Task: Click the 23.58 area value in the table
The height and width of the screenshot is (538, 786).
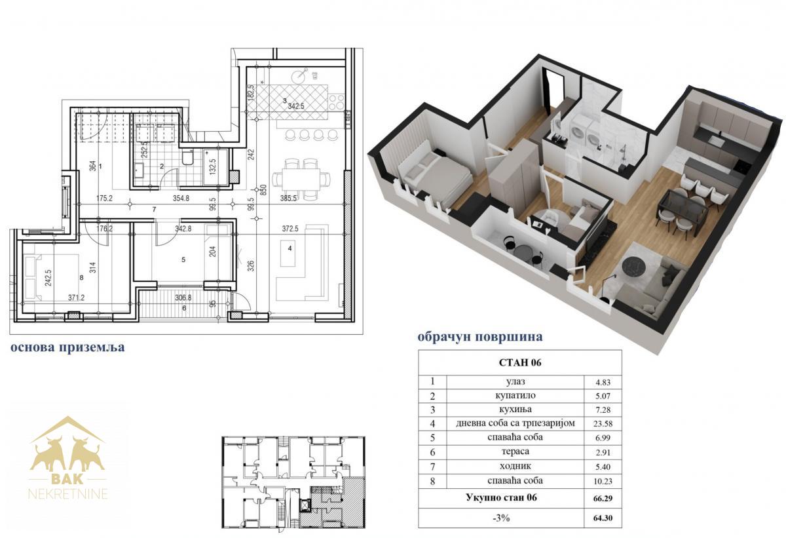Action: click(603, 423)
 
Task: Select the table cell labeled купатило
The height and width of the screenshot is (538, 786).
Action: click(515, 396)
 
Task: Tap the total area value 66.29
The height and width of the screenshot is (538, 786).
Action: click(603, 498)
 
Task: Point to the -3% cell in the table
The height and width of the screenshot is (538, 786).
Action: click(501, 518)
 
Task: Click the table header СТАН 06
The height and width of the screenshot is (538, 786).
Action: click(520, 362)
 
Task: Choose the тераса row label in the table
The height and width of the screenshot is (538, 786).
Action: click(515, 452)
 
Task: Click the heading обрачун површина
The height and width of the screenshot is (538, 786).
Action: click(480, 337)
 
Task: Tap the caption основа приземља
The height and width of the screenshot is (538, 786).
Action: click(67, 347)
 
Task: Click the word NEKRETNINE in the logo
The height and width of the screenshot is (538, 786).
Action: click(67, 495)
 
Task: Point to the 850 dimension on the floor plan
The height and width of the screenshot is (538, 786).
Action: click(264, 190)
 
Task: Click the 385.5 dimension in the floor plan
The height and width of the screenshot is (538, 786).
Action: click(288, 199)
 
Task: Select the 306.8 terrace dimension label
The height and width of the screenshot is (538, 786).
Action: click(183, 298)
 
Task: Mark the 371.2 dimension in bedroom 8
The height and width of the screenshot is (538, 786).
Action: click(76, 298)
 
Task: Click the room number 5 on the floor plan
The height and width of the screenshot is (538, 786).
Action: click(183, 259)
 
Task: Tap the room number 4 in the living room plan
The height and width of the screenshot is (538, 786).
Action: click(290, 248)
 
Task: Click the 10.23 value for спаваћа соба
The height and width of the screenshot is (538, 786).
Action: click(603, 481)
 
